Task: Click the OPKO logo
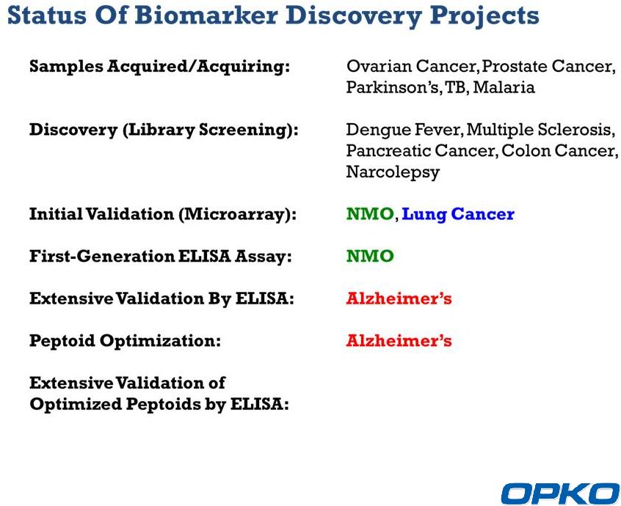[560, 494]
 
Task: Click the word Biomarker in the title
[206, 15]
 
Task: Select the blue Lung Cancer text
[458, 215]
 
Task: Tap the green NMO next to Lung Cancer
[370, 214]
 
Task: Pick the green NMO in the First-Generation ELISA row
[370, 256]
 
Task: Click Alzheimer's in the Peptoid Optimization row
[399, 340]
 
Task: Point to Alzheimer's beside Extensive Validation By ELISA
[399, 298]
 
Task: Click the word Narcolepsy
[393, 172]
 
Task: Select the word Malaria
[504, 87]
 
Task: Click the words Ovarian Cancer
[411, 66]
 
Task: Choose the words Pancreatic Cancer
[421, 151]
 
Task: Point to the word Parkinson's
[393, 87]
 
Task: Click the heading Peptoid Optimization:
[125, 341]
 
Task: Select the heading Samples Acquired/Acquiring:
[159, 67]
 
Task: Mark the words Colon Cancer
[558, 151]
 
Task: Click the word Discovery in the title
[354, 16]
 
